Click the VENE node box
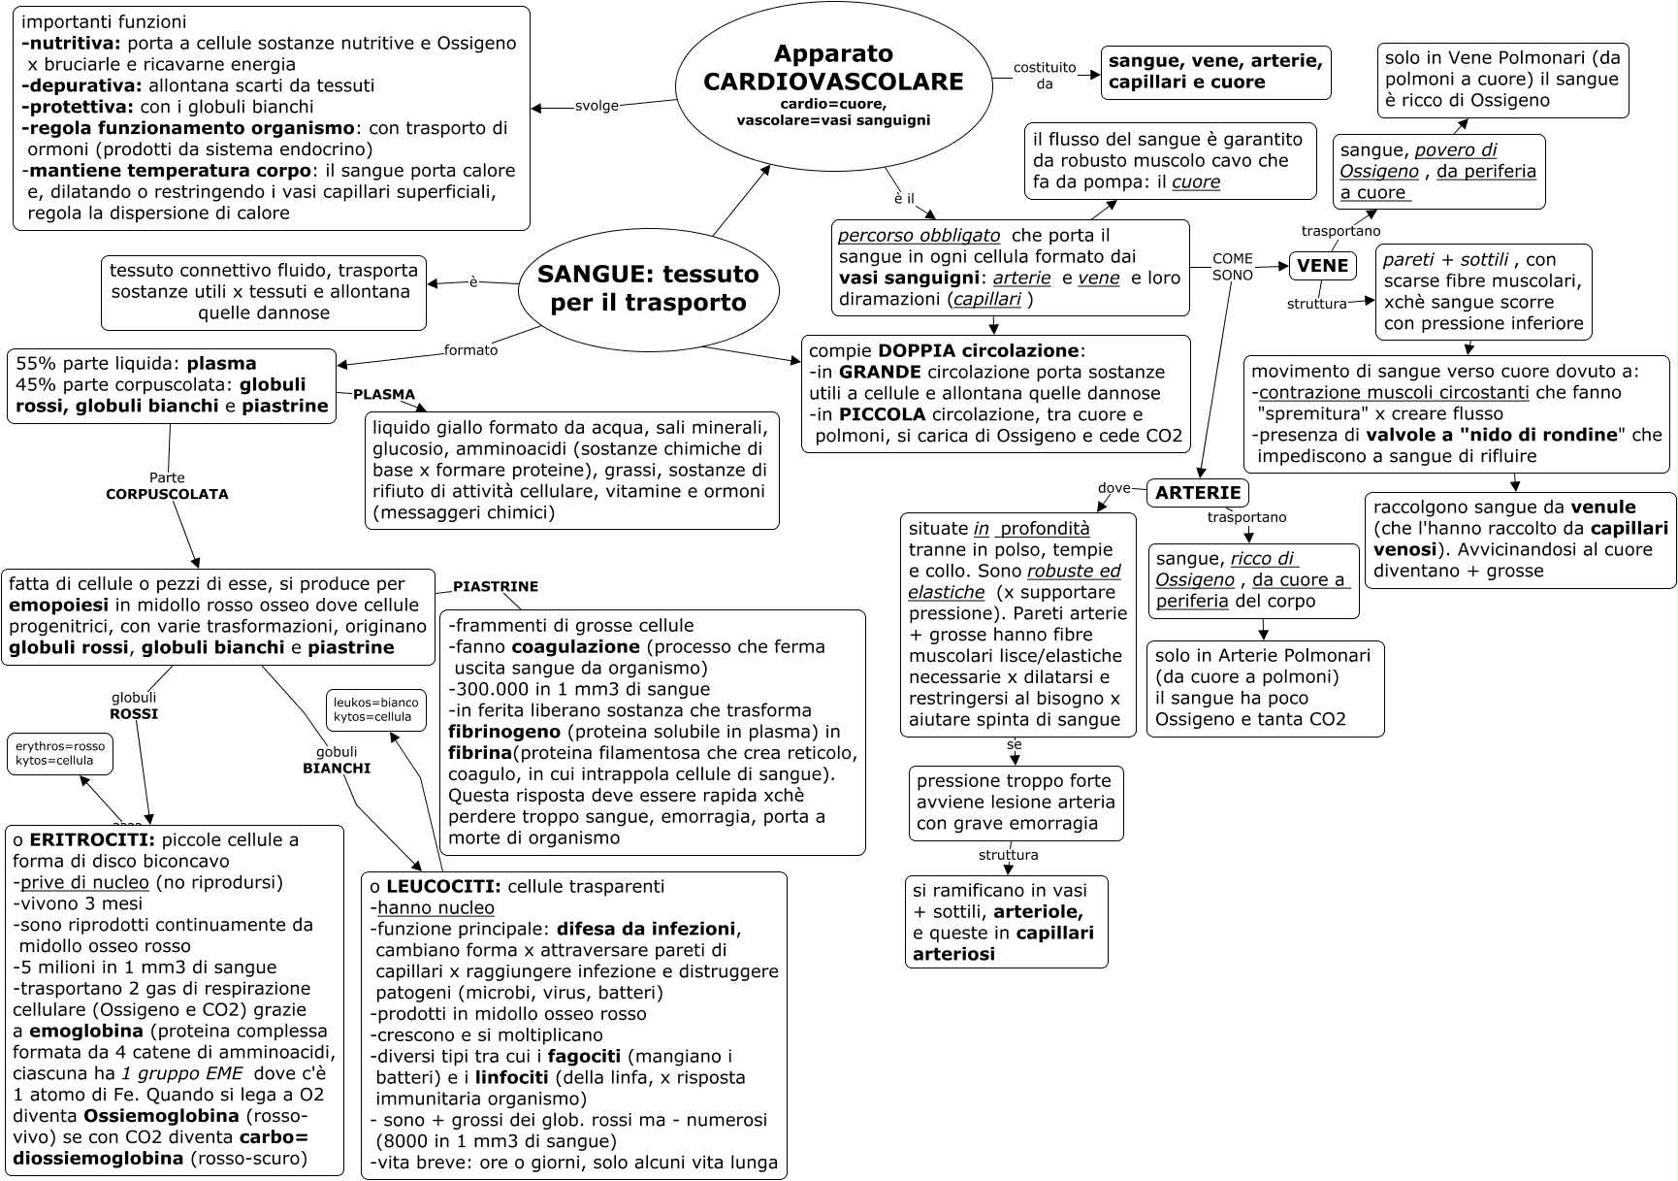point(1322,266)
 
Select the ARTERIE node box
point(1198,493)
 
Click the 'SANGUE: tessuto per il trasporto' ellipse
point(648,287)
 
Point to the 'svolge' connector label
point(597,106)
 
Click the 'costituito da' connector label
point(1045,75)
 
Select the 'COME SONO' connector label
point(1233,267)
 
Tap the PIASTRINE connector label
point(495,587)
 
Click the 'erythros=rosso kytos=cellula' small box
point(60,753)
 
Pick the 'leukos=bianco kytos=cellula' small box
point(376,709)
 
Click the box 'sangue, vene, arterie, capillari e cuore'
point(1215,72)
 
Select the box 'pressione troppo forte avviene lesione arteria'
point(1016,803)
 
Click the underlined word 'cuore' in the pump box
point(1196,182)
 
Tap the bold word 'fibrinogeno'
point(502,732)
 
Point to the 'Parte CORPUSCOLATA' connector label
point(167,486)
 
